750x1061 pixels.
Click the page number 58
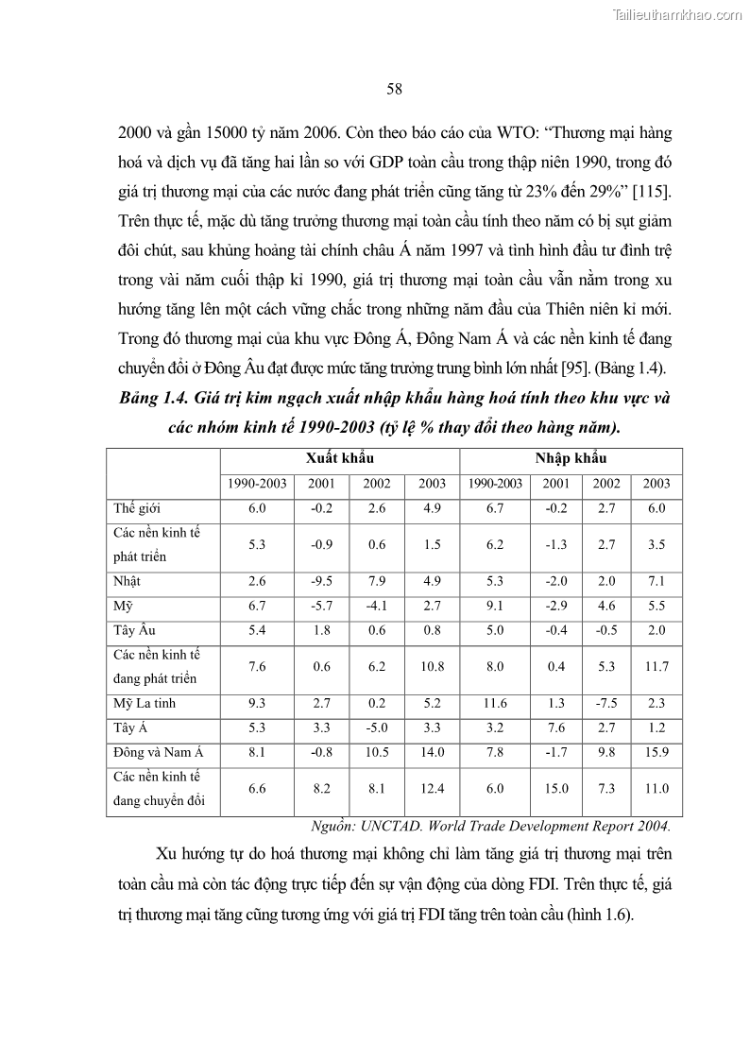395,89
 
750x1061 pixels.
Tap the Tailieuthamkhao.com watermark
677,15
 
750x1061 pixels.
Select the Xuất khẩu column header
339,457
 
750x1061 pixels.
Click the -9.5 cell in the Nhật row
321,581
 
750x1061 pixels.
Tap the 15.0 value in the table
555,788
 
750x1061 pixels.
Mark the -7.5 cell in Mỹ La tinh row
606,703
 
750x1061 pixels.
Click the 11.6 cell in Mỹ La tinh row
495,703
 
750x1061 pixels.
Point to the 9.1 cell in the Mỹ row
495,606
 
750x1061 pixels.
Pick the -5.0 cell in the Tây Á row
377,727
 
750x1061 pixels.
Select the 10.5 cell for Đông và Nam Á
377,752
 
